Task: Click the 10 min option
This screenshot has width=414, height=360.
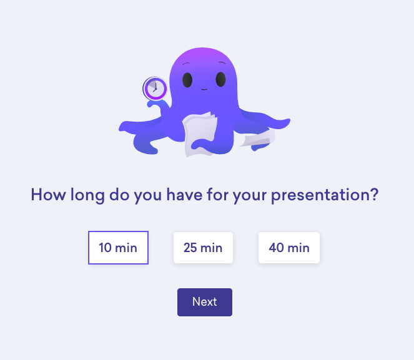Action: point(118,248)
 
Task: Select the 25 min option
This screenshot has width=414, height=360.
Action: point(203,248)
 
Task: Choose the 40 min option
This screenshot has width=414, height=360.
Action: point(289,248)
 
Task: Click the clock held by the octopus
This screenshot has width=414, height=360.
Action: point(155,89)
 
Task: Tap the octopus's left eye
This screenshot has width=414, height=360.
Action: point(187,80)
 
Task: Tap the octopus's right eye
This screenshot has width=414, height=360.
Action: point(220,79)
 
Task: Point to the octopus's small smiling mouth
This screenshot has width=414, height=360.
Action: point(204,89)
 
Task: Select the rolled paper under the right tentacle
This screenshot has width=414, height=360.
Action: point(257,138)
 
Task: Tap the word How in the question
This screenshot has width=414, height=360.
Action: point(48,195)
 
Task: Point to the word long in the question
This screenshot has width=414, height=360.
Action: point(87,195)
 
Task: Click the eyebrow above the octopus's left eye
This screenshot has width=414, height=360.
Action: point(187,64)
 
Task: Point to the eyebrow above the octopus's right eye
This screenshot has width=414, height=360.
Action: point(222,63)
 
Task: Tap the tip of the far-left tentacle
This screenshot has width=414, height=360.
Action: point(120,129)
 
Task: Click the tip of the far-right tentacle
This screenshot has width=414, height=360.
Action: point(290,120)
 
